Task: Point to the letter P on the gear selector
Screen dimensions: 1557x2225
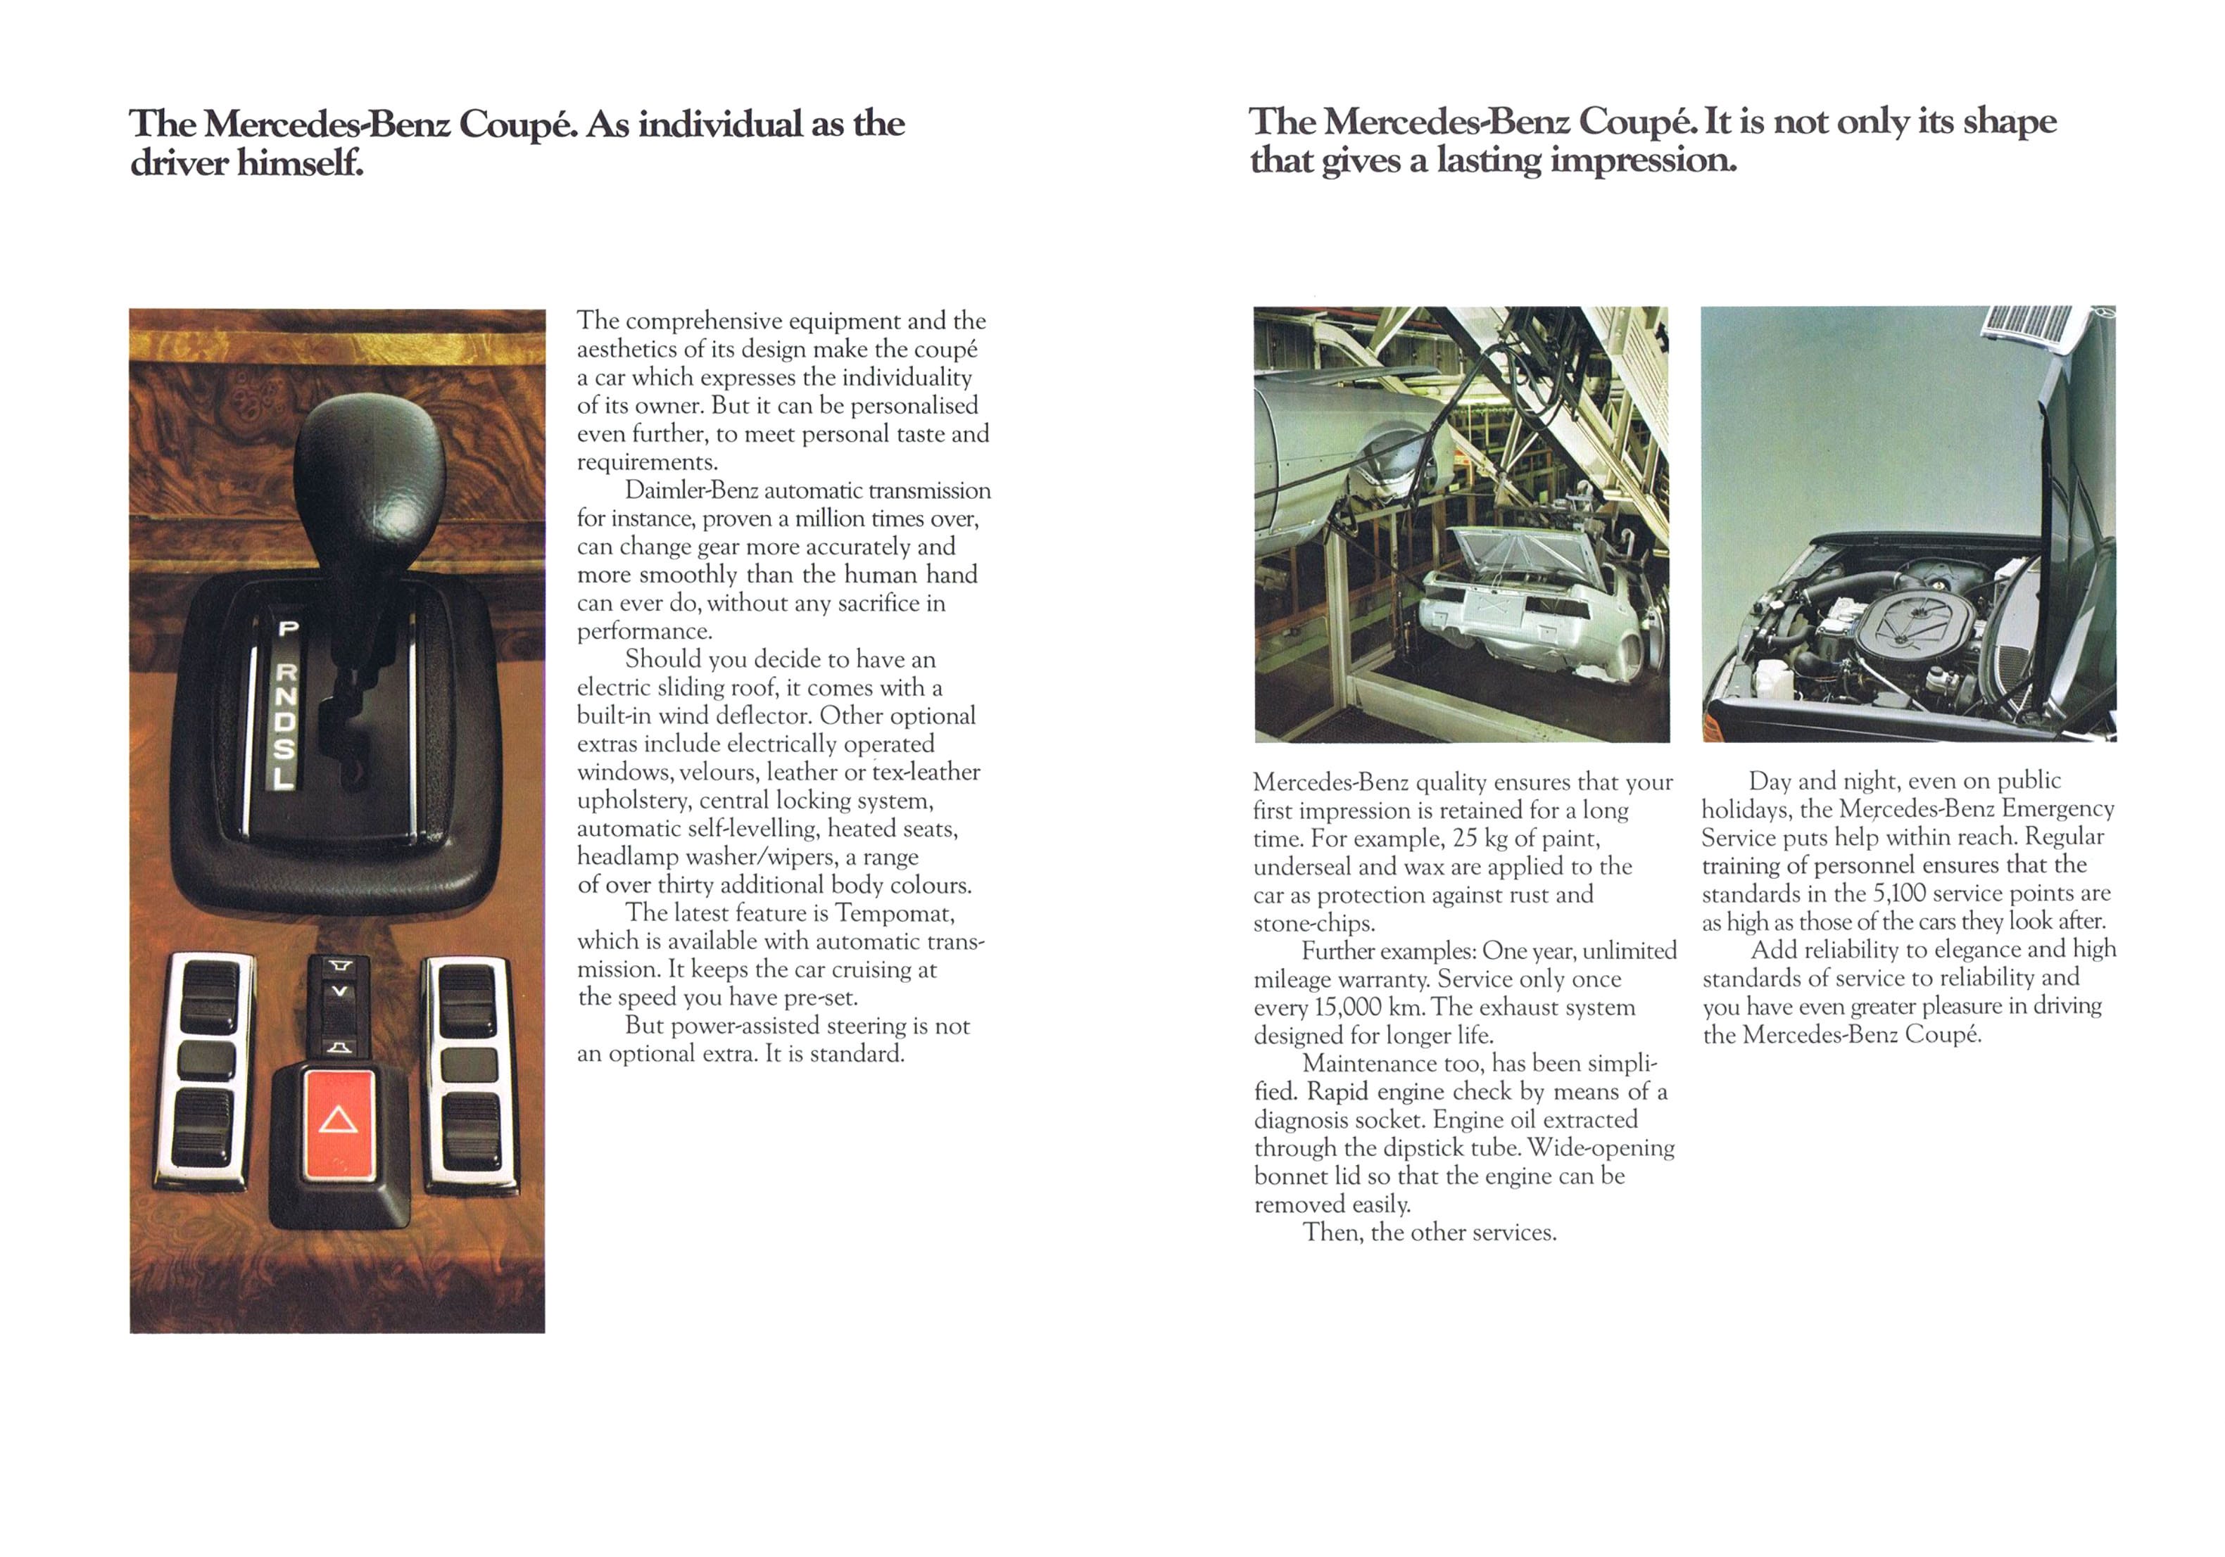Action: point(288,629)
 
